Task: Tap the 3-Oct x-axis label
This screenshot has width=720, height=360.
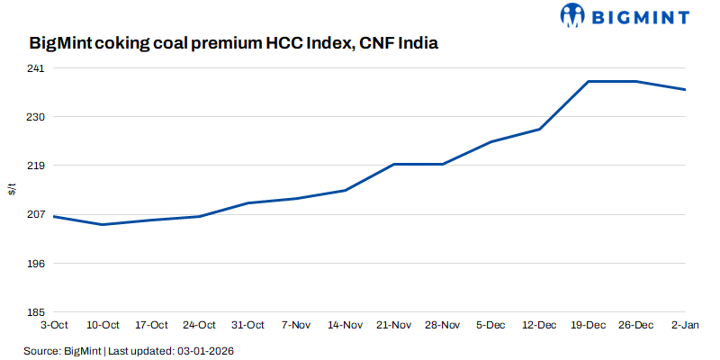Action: tap(54, 325)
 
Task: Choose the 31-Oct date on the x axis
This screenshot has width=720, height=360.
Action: tap(248, 325)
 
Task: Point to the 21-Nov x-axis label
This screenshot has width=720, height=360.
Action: tap(394, 325)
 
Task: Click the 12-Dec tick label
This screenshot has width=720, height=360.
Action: tap(540, 325)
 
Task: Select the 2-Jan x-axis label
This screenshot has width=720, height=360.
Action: tap(686, 325)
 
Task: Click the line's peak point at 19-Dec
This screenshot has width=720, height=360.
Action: tap(589, 82)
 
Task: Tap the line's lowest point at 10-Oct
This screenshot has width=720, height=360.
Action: tap(103, 225)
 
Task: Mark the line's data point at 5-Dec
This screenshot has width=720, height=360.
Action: tap(491, 141)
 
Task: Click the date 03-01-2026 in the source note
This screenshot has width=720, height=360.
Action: tap(208, 349)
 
